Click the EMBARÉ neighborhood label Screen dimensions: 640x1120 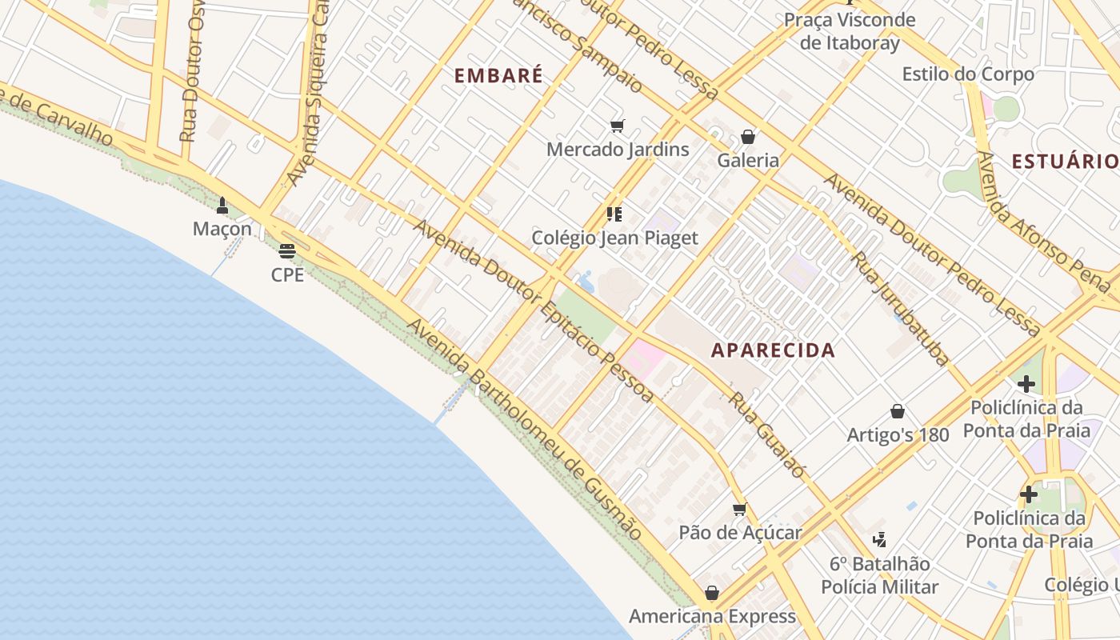point(498,75)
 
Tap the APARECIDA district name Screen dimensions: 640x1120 point(773,350)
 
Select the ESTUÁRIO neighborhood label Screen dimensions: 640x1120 point(1065,162)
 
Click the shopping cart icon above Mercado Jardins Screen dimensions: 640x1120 point(617,126)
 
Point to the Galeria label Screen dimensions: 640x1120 point(748,160)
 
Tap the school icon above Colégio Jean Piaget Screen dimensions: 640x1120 point(614,214)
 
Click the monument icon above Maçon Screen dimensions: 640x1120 point(222,206)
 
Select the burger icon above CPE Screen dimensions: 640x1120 point(287,251)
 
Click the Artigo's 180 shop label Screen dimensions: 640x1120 point(898,434)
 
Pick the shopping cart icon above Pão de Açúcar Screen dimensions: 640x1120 point(740,509)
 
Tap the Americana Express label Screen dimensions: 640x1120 point(712,616)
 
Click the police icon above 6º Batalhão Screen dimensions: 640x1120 point(879,540)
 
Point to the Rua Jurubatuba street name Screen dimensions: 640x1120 point(900,309)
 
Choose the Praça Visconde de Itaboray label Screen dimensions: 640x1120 point(850,31)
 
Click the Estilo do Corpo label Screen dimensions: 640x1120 point(968,74)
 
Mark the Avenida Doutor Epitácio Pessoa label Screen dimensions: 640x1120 point(533,310)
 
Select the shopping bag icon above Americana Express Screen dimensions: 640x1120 point(711,593)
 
